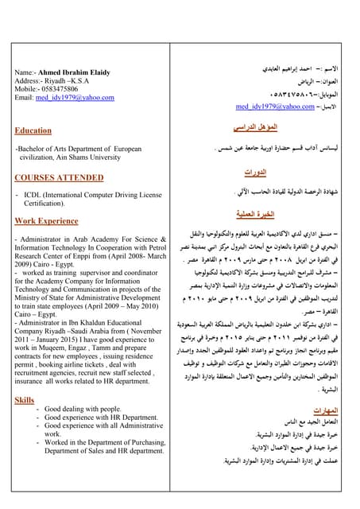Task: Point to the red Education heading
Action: [x=33, y=130]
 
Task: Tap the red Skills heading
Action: [x=25, y=400]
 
